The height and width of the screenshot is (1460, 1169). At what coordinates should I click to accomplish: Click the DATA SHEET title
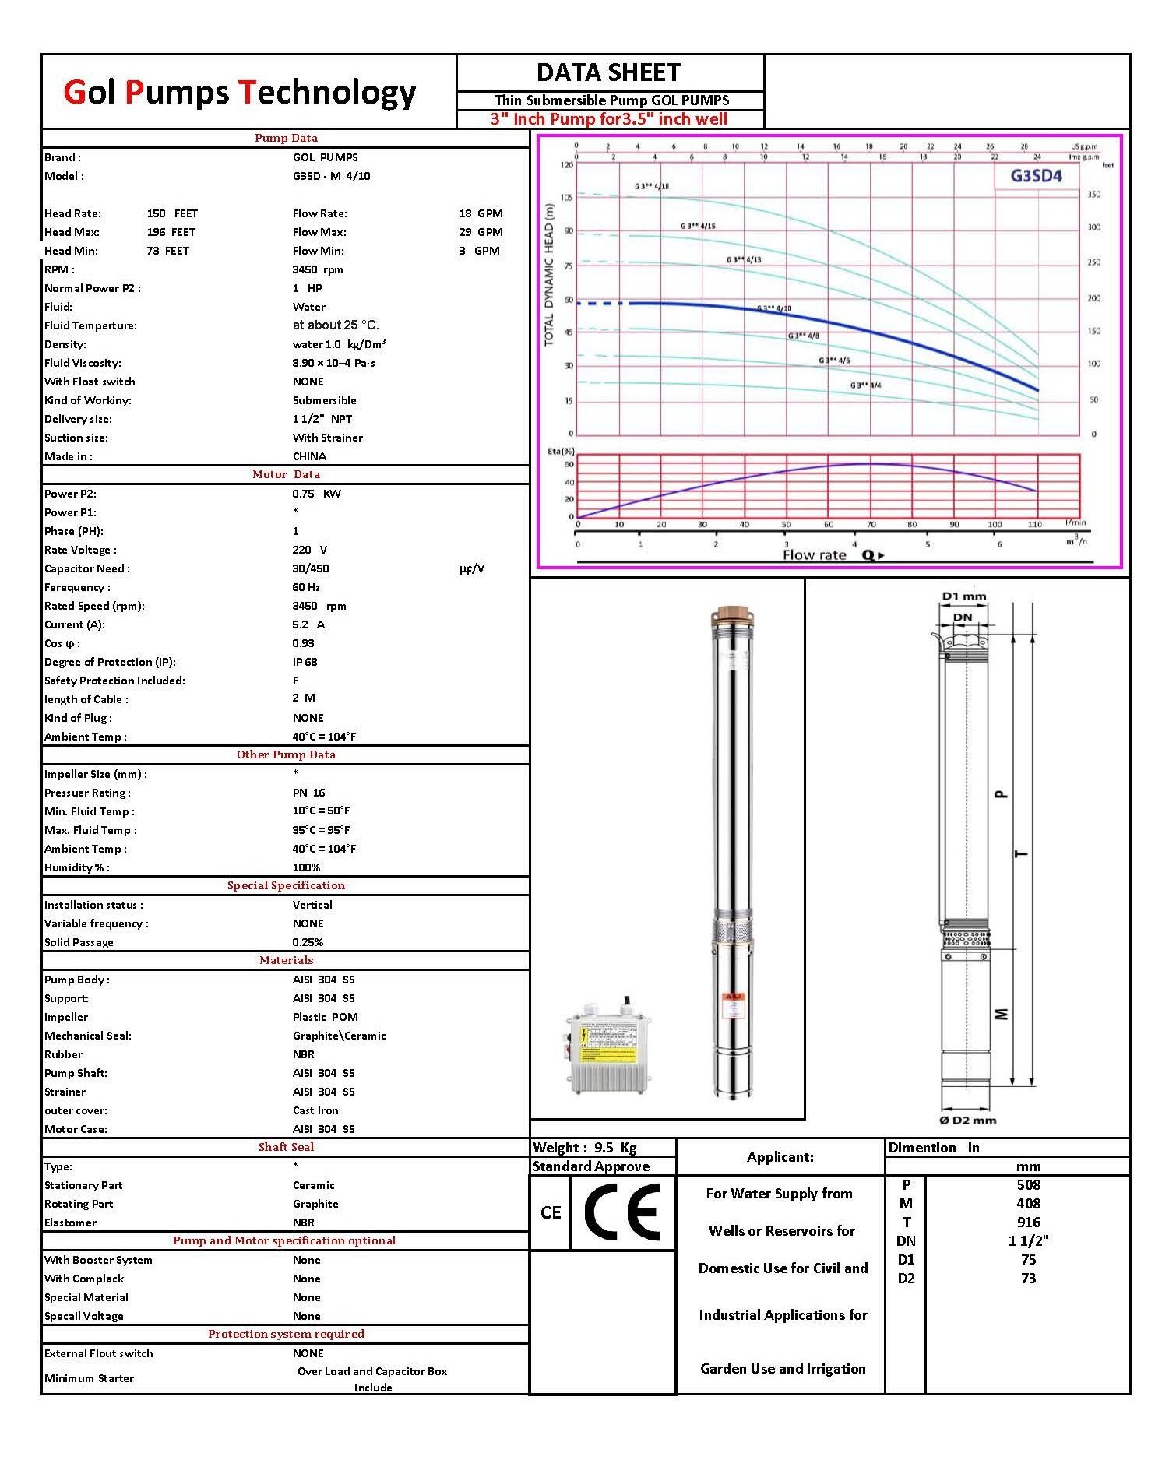tap(609, 72)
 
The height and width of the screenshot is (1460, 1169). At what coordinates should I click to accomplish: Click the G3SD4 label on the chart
tap(1035, 175)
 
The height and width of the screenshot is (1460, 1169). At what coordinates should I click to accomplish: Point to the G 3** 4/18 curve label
tap(651, 187)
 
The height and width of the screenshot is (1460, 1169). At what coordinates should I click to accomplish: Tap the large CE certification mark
tap(621, 1212)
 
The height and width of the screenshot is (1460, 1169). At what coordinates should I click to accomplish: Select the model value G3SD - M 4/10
tap(331, 176)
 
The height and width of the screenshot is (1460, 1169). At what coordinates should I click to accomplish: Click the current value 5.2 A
tap(308, 624)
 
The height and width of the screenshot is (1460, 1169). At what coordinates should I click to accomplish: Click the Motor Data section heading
tap(286, 474)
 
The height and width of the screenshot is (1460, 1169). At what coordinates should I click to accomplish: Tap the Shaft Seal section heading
tap(286, 1147)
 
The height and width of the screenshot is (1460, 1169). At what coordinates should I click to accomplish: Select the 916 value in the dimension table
tap(1028, 1222)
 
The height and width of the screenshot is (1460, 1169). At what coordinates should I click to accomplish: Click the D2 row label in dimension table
tap(906, 1278)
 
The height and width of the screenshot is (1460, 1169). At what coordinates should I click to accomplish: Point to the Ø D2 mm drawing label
tap(968, 1120)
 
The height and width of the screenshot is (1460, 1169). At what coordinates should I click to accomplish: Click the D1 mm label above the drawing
tap(963, 596)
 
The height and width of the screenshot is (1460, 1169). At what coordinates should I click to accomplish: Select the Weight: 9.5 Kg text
tap(584, 1148)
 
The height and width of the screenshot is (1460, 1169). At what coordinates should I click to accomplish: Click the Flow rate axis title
tap(814, 554)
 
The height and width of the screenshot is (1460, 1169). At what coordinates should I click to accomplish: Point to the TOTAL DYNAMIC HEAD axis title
tap(549, 275)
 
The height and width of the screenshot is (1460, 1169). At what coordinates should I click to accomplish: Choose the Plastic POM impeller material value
tap(325, 1017)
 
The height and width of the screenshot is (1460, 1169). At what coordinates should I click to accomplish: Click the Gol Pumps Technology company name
tap(239, 92)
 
